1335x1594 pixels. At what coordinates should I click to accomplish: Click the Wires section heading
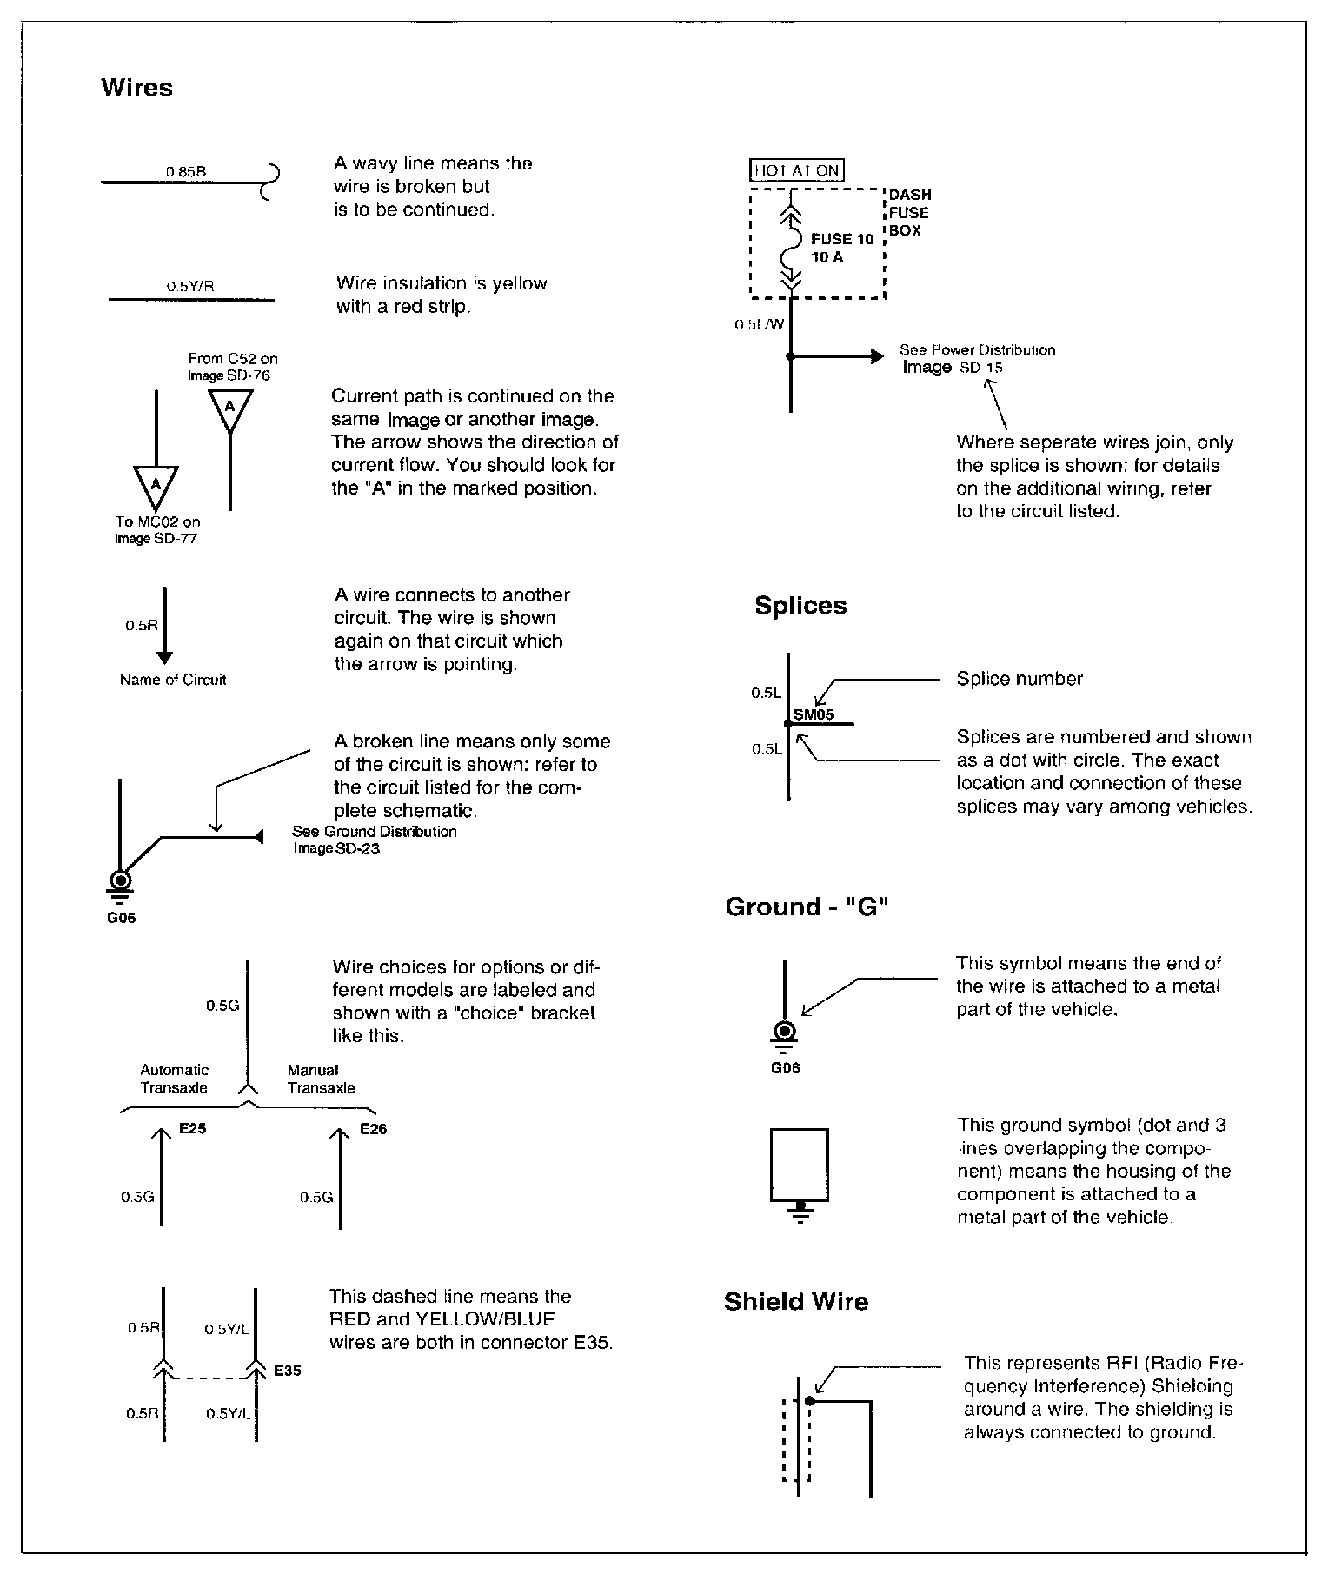[x=136, y=88]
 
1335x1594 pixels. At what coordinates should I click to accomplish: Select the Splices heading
[x=800, y=606]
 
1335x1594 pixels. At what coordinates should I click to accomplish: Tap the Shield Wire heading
[x=796, y=1301]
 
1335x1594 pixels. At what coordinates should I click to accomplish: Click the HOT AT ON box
[x=796, y=170]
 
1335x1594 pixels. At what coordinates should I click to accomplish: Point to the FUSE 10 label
[x=841, y=239]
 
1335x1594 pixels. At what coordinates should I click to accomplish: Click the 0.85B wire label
[x=186, y=171]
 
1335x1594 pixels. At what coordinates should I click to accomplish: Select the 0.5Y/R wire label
[x=190, y=286]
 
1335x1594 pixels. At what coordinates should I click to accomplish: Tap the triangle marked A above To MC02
[x=156, y=485]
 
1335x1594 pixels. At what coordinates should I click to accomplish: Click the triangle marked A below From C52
[x=229, y=408]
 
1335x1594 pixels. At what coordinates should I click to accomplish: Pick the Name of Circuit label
[x=173, y=680]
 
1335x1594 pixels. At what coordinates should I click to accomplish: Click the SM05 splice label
[x=814, y=715]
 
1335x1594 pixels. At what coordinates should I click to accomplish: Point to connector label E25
[x=192, y=1129]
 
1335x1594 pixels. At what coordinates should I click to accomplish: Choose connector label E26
[x=373, y=1129]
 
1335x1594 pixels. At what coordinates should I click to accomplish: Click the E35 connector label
[x=287, y=1371]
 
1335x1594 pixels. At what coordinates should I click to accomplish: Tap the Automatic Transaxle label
[x=174, y=1079]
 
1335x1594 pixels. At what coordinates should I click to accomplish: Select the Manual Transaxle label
[x=321, y=1079]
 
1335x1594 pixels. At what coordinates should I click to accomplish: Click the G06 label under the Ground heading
[x=785, y=1068]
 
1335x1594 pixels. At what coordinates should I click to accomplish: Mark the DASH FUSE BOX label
[x=909, y=213]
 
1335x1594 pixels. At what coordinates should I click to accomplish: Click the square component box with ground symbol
[x=799, y=1164]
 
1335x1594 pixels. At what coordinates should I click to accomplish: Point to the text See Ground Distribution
[x=374, y=832]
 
